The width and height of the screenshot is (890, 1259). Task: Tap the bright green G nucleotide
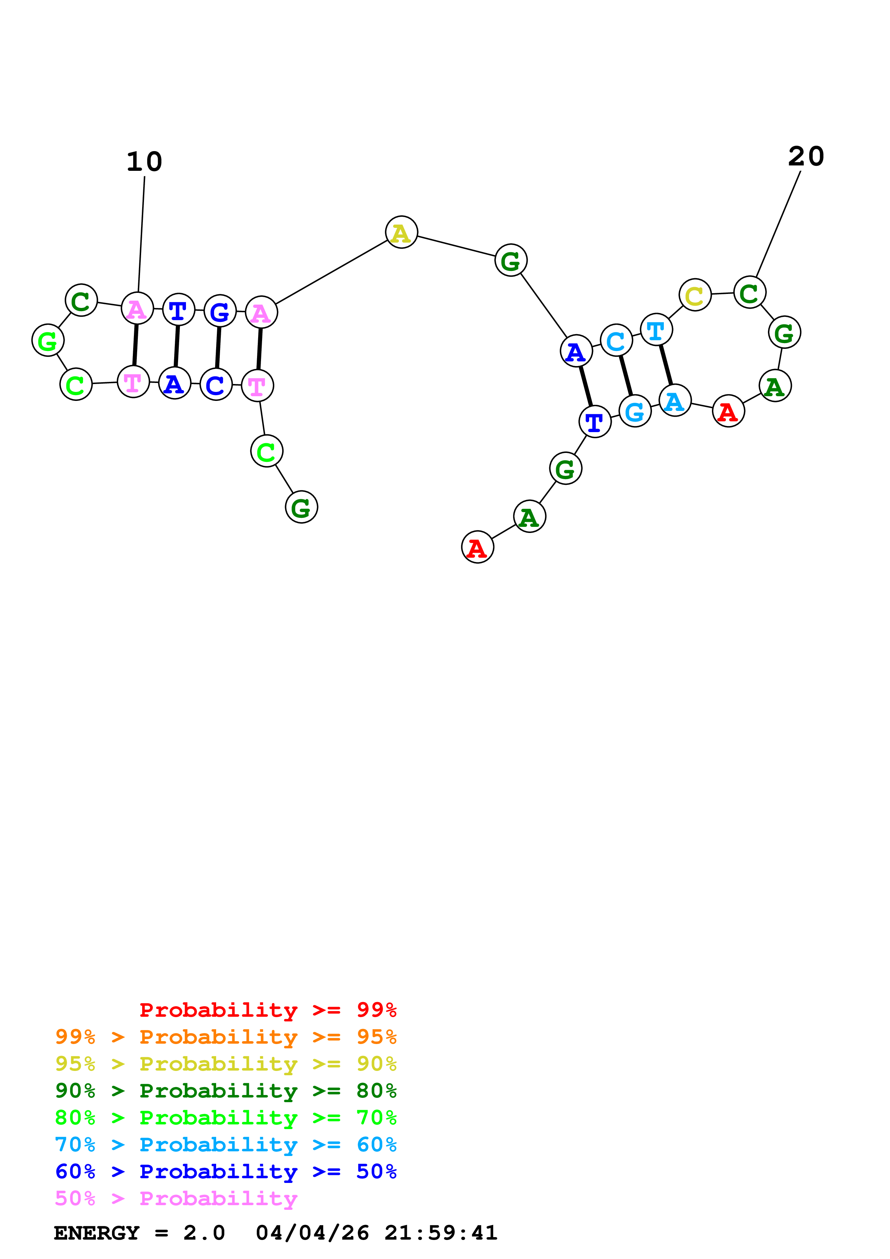pos(48,341)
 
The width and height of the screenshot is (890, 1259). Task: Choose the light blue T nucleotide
pos(656,330)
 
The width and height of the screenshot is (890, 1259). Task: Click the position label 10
pos(144,162)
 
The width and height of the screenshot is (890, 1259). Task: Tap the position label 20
pos(806,157)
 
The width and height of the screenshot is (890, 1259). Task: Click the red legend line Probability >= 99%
pos(267,1010)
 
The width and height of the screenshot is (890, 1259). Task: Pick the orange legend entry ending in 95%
pos(225,1037)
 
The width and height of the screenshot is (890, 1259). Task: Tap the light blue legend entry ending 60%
pos(225,1145)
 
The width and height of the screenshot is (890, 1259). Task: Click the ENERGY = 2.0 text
pos(139,1233)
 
